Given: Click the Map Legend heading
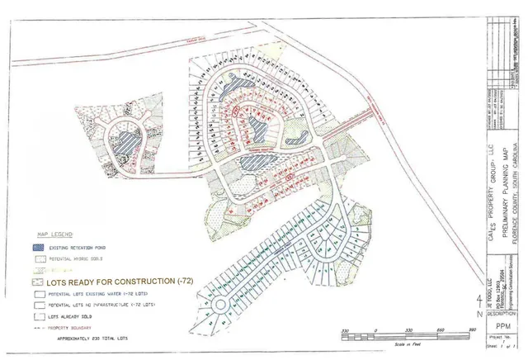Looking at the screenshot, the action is click(52, 234).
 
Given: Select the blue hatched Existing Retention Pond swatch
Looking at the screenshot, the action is click(39, 246).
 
